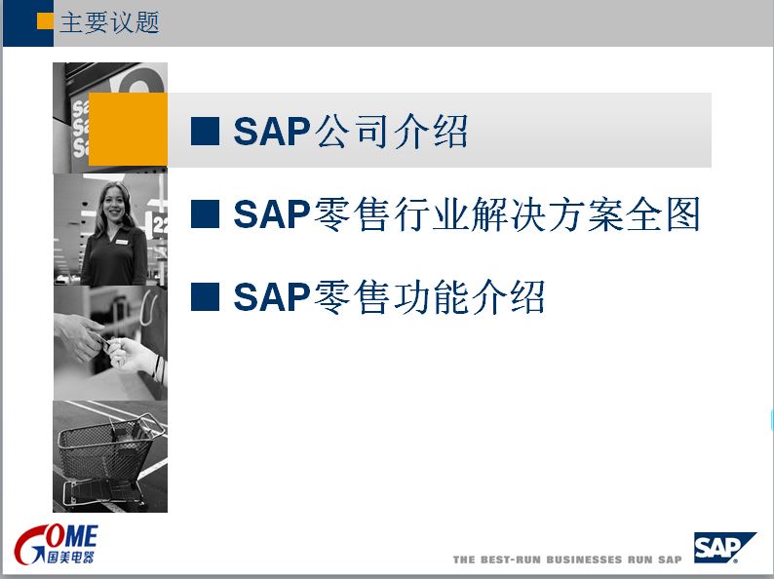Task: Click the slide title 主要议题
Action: pos(109,23)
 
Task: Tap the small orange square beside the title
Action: pos(45,21)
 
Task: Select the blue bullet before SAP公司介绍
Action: pos(205,132)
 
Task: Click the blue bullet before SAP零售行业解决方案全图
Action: pos(205,213)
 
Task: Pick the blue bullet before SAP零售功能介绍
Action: pos(205,296)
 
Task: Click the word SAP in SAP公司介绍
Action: pos(272,132)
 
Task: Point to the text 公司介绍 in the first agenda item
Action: pos(391,132)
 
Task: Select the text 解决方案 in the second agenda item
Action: pos(528,214)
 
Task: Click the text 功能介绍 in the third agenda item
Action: pos(469,296)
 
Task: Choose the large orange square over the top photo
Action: pos(128,130)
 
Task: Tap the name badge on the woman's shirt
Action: pos(122,242)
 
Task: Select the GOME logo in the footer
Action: pos(56,544)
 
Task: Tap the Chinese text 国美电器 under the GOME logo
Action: pos(70,557)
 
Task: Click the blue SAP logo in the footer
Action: pos(724,548)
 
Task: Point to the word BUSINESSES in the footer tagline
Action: pos(584,560)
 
